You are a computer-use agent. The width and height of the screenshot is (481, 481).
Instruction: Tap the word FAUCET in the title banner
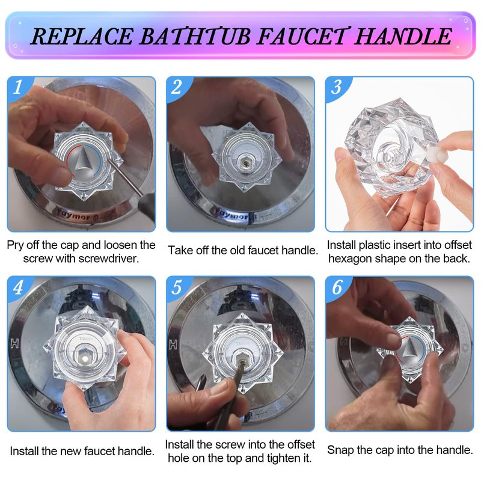(x=302, y=37)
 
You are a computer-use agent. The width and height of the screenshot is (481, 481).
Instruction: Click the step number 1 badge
(x=18, y=87)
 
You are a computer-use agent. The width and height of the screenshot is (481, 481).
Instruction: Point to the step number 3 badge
(x=336, y=87)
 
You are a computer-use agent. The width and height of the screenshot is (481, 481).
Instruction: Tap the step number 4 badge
(x=18, y=287)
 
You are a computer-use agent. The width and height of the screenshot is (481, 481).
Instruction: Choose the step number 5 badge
(x=177, y=287)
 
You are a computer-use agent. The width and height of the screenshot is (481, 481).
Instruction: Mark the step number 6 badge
(x=337, y=287)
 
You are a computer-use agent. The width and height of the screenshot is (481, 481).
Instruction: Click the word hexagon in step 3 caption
(x=351, y=259)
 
